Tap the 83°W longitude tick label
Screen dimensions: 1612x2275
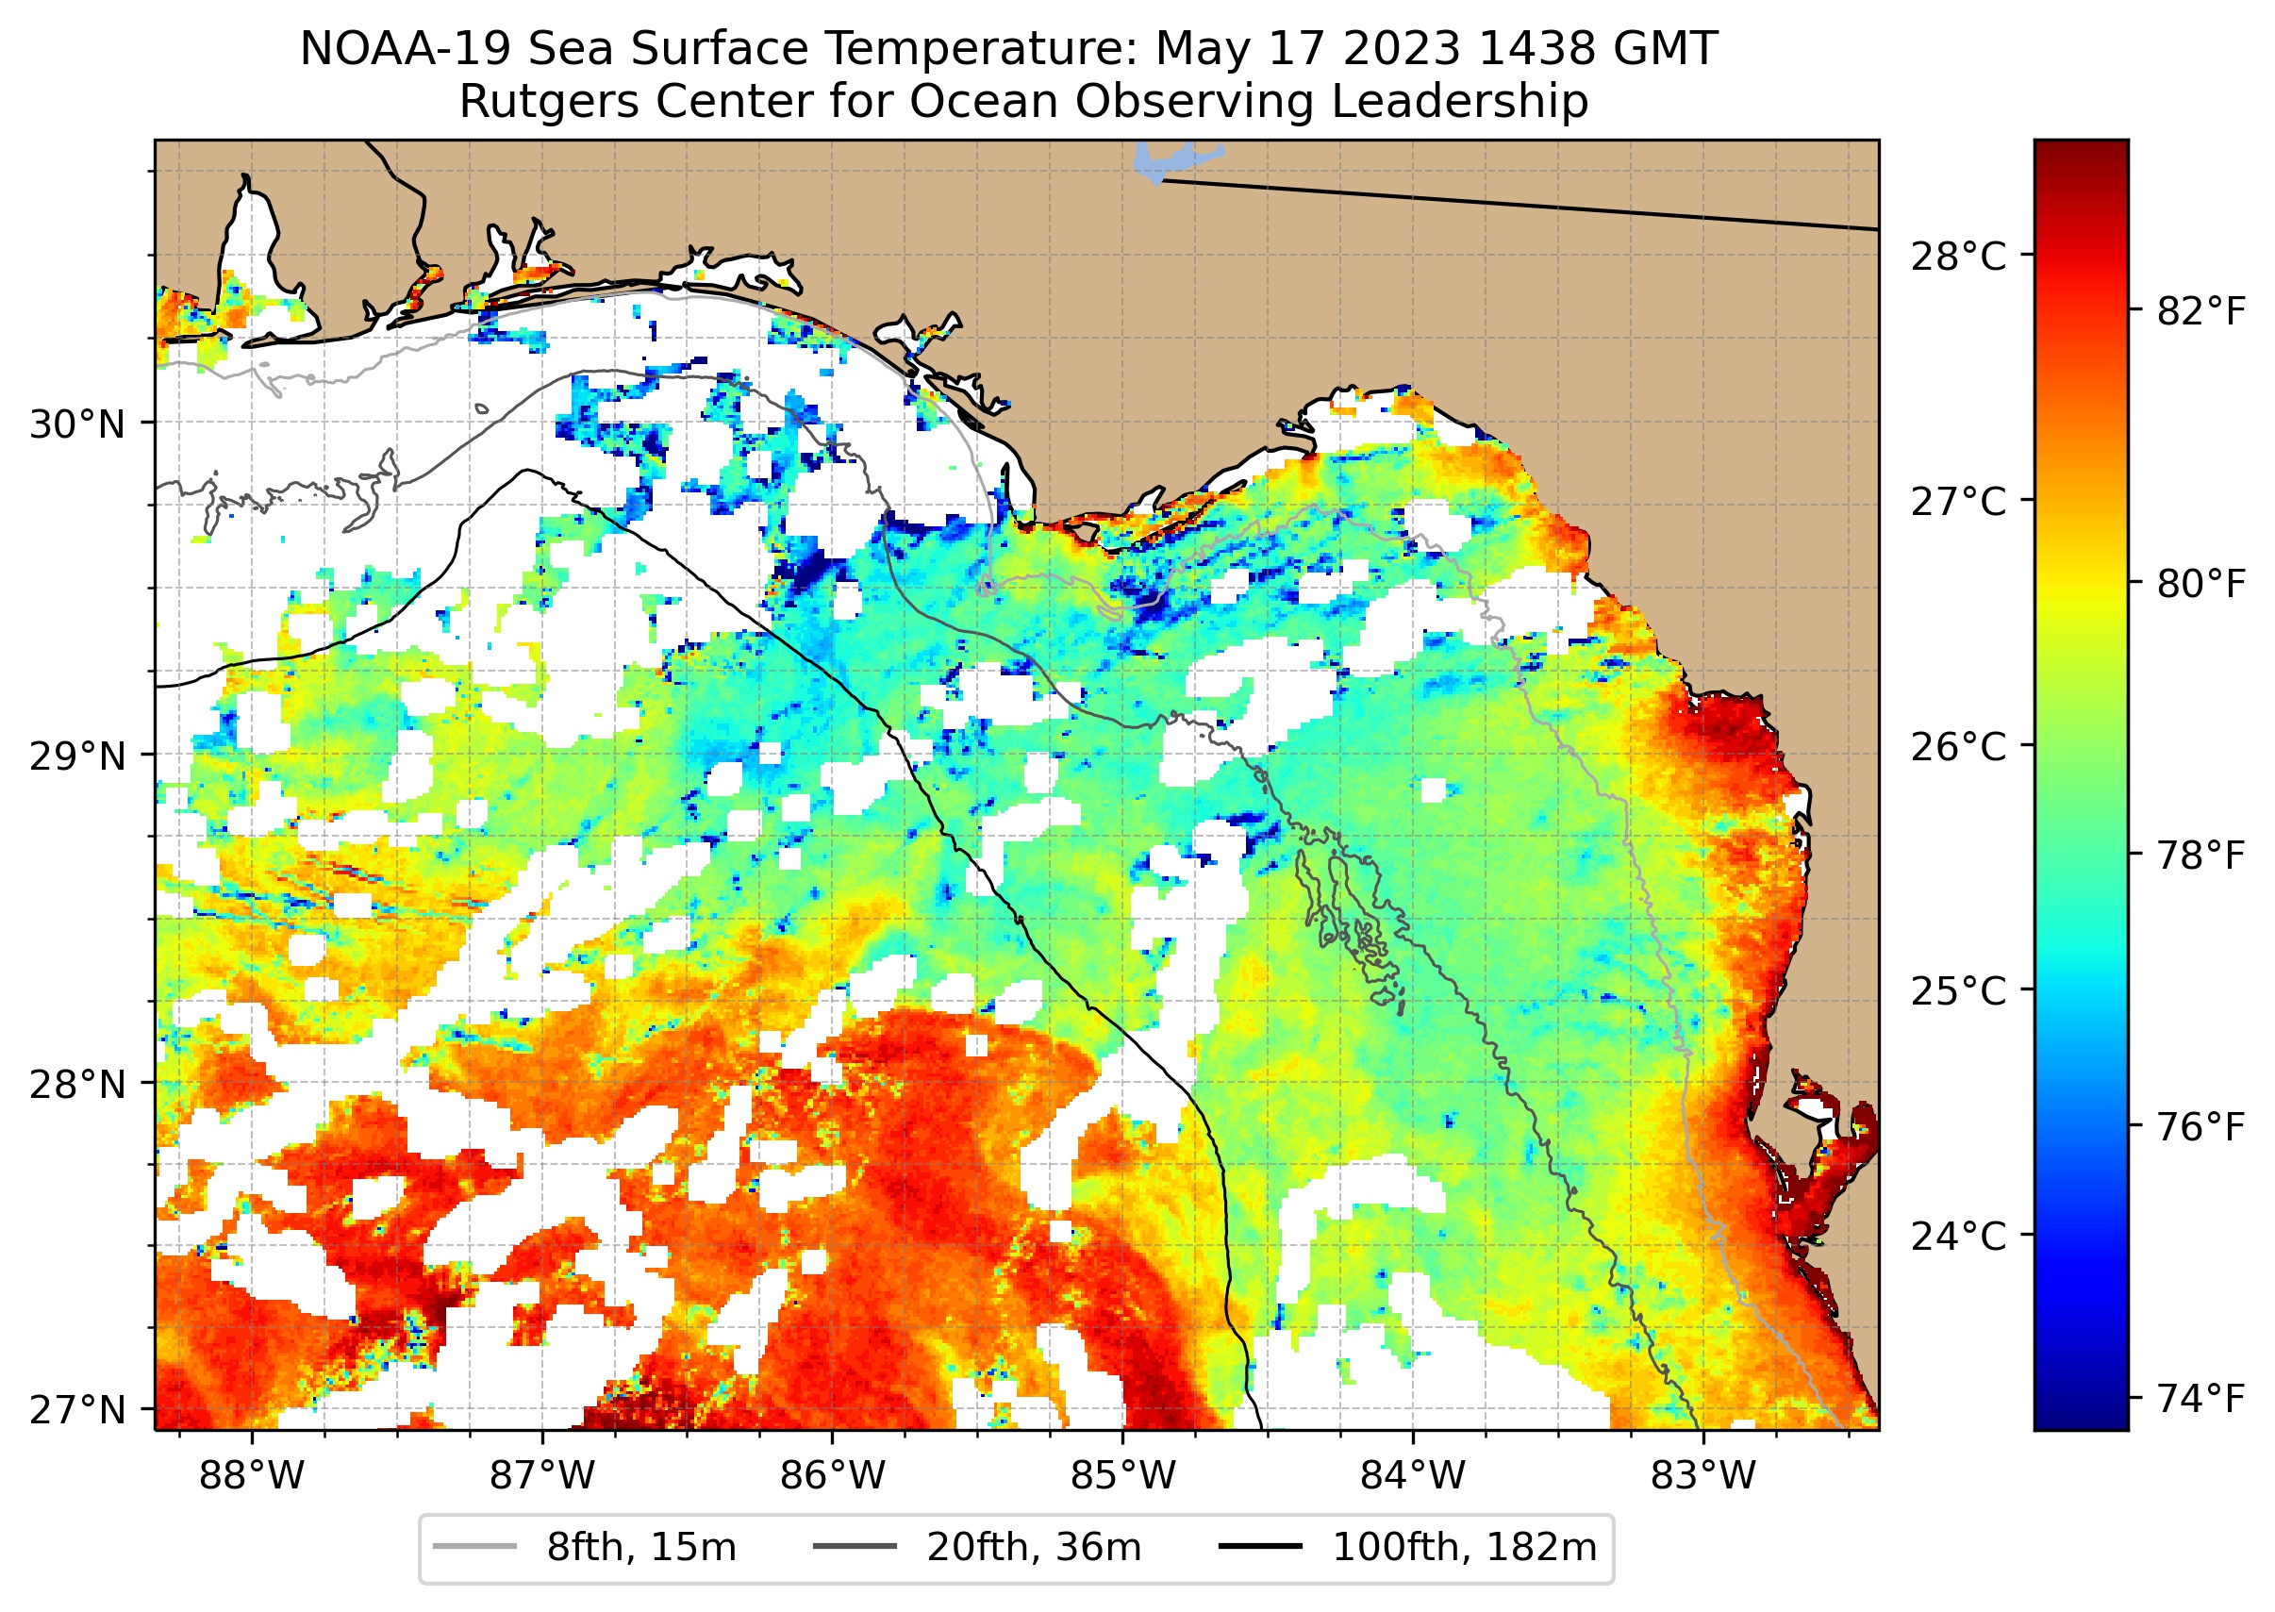[1702, 1476]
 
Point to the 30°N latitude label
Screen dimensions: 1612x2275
[77, 424]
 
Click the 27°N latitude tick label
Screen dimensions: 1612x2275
[77, 1409]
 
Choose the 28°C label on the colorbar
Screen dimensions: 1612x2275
[1957, 257]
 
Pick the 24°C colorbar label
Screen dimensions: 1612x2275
[1957, 1237]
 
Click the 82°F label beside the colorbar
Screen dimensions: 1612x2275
[2200, 311]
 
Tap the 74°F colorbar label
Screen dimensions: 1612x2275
[2200, 1399]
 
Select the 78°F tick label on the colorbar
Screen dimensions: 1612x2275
[2200, 855]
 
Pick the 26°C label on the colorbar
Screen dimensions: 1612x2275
[1957, 746]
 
